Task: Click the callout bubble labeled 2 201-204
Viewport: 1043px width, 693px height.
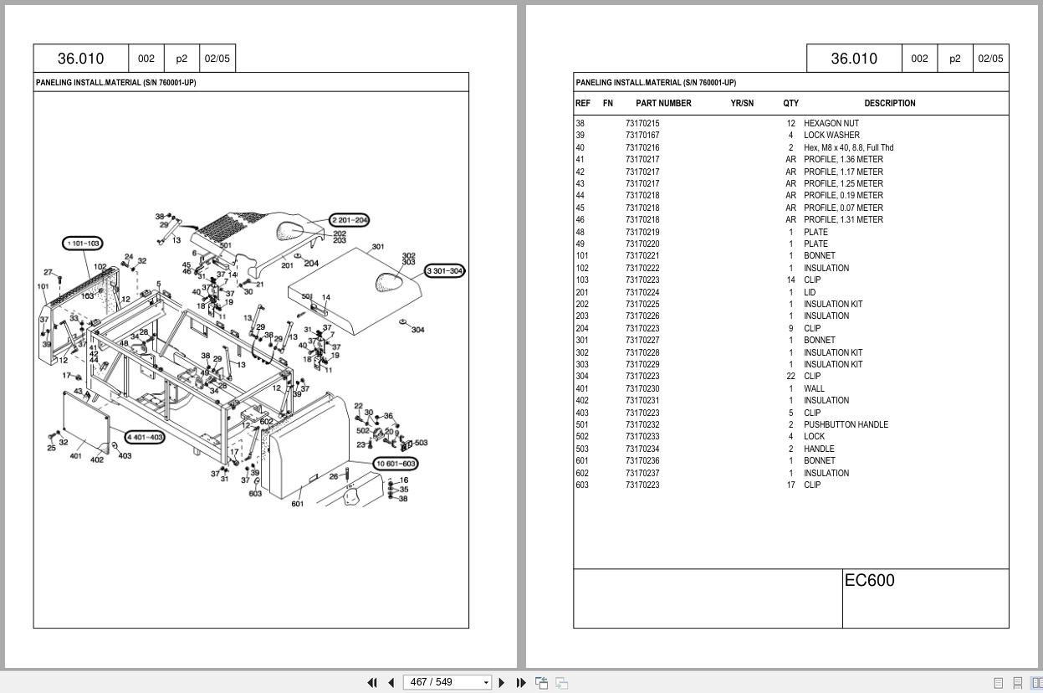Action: click(x=349, y=220)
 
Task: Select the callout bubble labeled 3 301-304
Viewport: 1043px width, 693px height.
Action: click(x=444, y=271)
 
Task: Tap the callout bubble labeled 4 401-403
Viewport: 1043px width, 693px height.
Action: click(x=145, y=437)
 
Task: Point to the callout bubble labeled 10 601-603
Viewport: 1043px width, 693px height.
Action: click(x=396, y=464)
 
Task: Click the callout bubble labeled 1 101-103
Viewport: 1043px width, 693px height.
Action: click(x=83, y=244)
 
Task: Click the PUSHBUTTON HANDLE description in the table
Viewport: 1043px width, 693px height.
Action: click(x=846, y=424)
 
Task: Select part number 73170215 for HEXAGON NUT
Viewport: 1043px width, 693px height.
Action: click(x=642, y=123)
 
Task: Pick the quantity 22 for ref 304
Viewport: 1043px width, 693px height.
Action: click(x=790, y=376)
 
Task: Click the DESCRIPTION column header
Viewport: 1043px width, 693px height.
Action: click(x=889, y=103)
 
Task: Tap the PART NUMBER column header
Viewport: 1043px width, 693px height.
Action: click(x=663, y=103)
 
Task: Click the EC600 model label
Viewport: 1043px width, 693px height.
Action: click(x=869, y=581)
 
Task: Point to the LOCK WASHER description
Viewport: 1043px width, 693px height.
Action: click(x=831, y=135)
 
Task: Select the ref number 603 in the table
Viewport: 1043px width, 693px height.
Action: click(x=581, y=485)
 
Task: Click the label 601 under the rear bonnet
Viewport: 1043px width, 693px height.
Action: click(x=297, y=504)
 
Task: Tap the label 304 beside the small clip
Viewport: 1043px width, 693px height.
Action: click(x=417, y=330)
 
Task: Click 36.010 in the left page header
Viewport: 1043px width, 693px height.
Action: click(x=80, y=59)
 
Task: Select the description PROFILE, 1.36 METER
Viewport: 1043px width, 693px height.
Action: click(x=843, y=159)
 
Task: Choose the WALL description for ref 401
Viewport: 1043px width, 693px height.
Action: click(x=814, y=388)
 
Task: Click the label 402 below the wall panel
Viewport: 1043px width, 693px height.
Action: click(x=97, y=459)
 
